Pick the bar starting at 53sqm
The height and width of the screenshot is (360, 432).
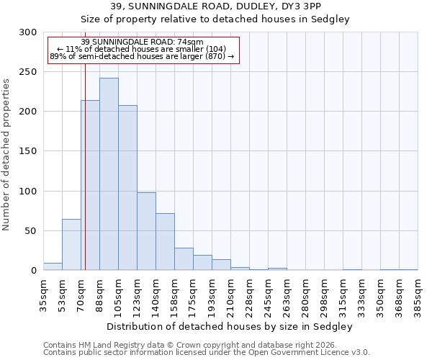click(x=71, y=245)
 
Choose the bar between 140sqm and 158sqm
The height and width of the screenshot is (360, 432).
click(x=165, y=242)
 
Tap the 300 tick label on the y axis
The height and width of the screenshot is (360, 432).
click(x=28, y=32)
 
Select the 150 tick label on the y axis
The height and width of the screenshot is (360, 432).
click(x=28, y=151)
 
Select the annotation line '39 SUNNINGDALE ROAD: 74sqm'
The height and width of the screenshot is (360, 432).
click(x=143, y=42)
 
